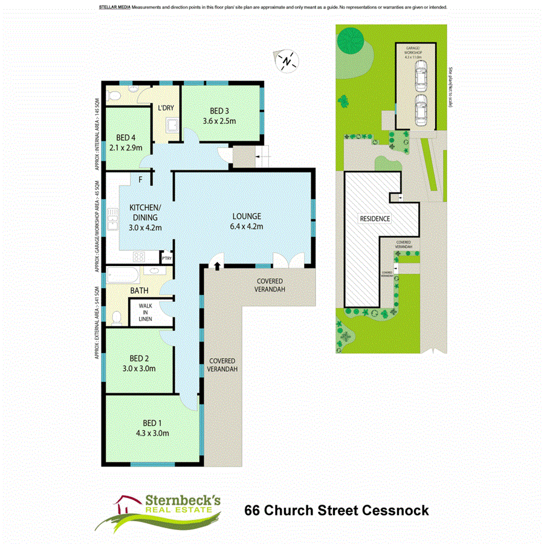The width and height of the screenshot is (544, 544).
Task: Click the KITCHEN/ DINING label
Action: (144, 212)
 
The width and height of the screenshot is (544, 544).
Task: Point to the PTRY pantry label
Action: (166, 259)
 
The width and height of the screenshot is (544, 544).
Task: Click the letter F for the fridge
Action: (140, 180)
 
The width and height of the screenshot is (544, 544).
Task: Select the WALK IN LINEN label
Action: (145, 312)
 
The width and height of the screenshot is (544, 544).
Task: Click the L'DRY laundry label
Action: (166, 108)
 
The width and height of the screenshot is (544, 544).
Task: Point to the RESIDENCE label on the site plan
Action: (375, 218)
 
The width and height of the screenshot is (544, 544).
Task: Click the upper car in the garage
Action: (421, 77)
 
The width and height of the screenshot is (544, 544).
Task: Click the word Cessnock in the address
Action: (396, 510)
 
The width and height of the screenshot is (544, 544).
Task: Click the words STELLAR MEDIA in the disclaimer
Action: (112, 7)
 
